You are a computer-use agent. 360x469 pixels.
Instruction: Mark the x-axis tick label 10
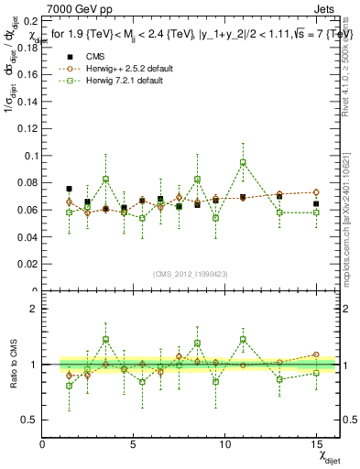[x=225, y=444]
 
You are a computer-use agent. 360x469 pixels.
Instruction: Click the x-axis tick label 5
[x=134, y=444]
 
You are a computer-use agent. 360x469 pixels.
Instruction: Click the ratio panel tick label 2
[x=33, y=309]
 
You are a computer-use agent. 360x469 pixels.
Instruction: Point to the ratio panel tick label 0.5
[x=29, y=420]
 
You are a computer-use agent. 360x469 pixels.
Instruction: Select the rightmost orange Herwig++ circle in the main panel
[x=316, y=192]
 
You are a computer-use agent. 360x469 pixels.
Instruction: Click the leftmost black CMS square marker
[x=70, y=189]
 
